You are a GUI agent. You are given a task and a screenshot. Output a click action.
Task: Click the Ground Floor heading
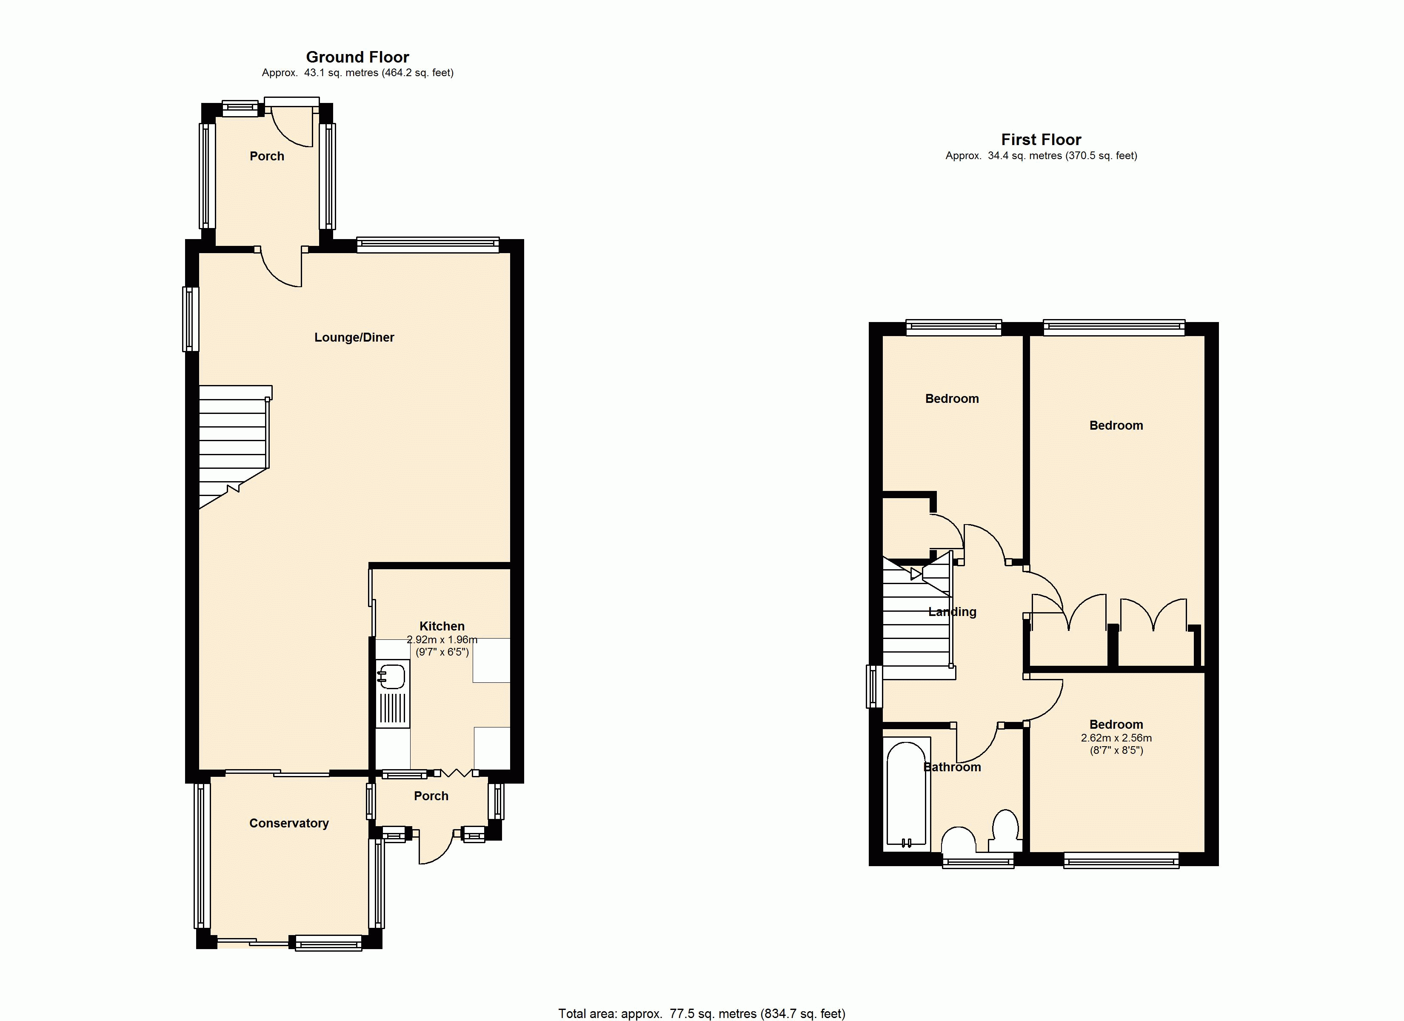(x=358, y=57)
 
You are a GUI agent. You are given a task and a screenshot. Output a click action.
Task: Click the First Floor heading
(x=1041, y=140)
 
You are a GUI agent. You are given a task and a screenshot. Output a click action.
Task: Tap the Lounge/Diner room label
(x=354, y=337)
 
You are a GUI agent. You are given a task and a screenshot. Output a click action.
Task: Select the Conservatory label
(x=289, y=823)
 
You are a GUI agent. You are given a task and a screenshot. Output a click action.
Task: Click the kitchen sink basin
(x=391, y=676)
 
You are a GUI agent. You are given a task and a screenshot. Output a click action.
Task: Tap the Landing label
(x=952, y=612)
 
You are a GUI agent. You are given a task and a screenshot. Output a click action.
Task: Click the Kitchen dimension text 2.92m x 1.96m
(x=442, y=639)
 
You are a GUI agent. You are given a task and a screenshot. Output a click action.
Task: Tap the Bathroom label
(x=952, y=767)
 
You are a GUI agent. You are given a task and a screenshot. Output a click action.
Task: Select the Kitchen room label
(x=442, y=626)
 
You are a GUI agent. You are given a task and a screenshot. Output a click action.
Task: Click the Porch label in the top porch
(x=267, y=156)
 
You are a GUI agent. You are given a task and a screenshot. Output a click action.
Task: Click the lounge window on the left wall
(x=191, y=319)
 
